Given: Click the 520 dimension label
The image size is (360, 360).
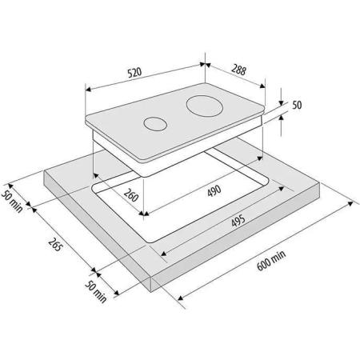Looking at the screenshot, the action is [x=134, y=73].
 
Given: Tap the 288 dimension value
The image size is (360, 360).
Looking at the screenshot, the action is [x=238, y=70].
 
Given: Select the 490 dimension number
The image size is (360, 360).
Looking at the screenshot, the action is [x=214, y=190].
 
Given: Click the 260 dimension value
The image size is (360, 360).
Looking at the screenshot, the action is [x=131, y=195].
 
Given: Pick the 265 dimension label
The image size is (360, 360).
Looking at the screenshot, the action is [x=55, y=244].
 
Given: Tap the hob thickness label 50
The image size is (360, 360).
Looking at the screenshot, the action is [x=297, y=105].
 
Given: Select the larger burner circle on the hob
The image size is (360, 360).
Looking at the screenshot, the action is [x=205, y=106].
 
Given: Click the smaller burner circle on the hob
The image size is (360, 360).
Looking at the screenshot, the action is [x=155, y=124].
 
